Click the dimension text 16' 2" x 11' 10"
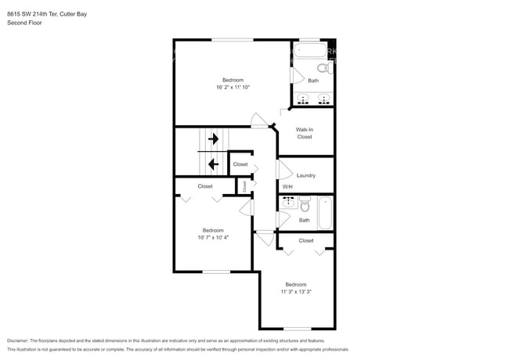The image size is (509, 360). point(233,88)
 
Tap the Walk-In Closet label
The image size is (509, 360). point(305,133)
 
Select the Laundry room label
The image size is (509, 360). point(305,175)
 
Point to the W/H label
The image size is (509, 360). point(287,186)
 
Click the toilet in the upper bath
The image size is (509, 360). point(329,68)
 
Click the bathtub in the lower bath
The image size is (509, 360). point(325,212)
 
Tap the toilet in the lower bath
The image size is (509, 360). point(305,207)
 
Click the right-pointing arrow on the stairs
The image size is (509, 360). point(213,139)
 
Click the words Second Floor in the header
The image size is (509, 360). point(24,23)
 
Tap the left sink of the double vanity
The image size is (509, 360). point(305,99)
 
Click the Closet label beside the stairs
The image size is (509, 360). point(240,164)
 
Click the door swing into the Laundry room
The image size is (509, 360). point(284,169)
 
